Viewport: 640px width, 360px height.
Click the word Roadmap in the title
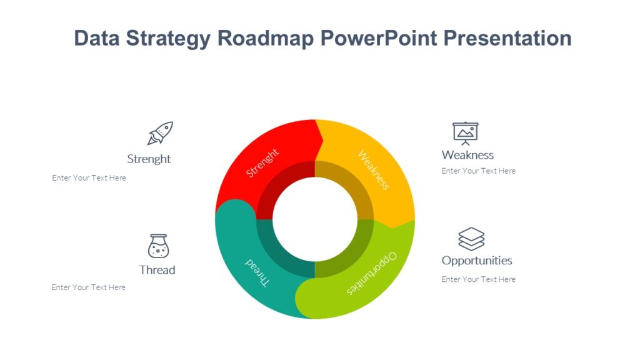pyautogui.click(x=266, y=38)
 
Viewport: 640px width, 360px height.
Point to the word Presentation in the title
pyautogui.click(x=507, y=38)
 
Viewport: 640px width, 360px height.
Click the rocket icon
pyautogui.click(x=160, y=133)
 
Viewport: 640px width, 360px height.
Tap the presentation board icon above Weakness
pyautogui.click(x=465, y=133)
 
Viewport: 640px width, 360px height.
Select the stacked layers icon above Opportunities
pyautogui.click(x=471, y=239)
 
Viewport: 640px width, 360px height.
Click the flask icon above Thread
pyautogui.click(x=158, y=246)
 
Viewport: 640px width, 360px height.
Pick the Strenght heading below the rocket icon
pyautogui.click(x=149, y=159)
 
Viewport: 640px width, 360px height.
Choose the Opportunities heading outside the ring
pyautogui.click(x=477, y=261)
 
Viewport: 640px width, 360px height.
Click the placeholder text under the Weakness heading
pyautogui.click(x=478, y=171)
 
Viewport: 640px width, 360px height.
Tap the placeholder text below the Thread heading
pyautogui.click(x=89, y=287)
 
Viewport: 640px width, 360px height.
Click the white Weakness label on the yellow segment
pyautogui.click(x=374, y=169)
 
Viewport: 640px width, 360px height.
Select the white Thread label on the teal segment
pyautogui.click(x=257, y=272)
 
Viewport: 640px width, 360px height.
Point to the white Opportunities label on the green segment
pyautogui.click(x=372, y=274)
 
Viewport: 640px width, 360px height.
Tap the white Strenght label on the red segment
pyautogui.click(x=262, y=162)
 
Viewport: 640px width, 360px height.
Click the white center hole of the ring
pyautogui.click(x=315, y=219)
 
